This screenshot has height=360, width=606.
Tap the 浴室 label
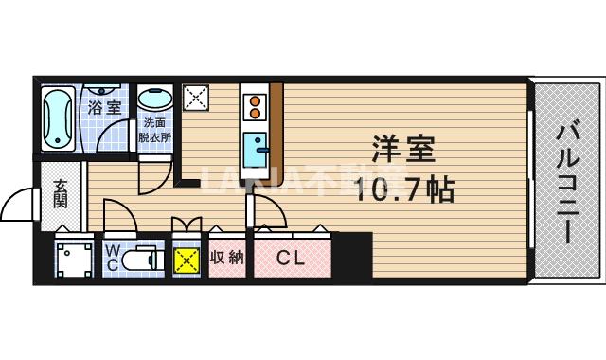(x=104, y=107)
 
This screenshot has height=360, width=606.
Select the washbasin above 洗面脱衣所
(x=154, y=99)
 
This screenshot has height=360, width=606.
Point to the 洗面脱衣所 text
(x=154, y=130)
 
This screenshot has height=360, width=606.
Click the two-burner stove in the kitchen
(x=254, y=107)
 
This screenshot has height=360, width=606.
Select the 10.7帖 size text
(x=405, y=189)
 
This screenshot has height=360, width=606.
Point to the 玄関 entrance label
(x=60, y=193)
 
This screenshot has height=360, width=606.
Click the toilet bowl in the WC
(x=141, y=258)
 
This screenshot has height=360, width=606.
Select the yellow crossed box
(x=187, y=259)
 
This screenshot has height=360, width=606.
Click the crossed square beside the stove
(x=197, y=97)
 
